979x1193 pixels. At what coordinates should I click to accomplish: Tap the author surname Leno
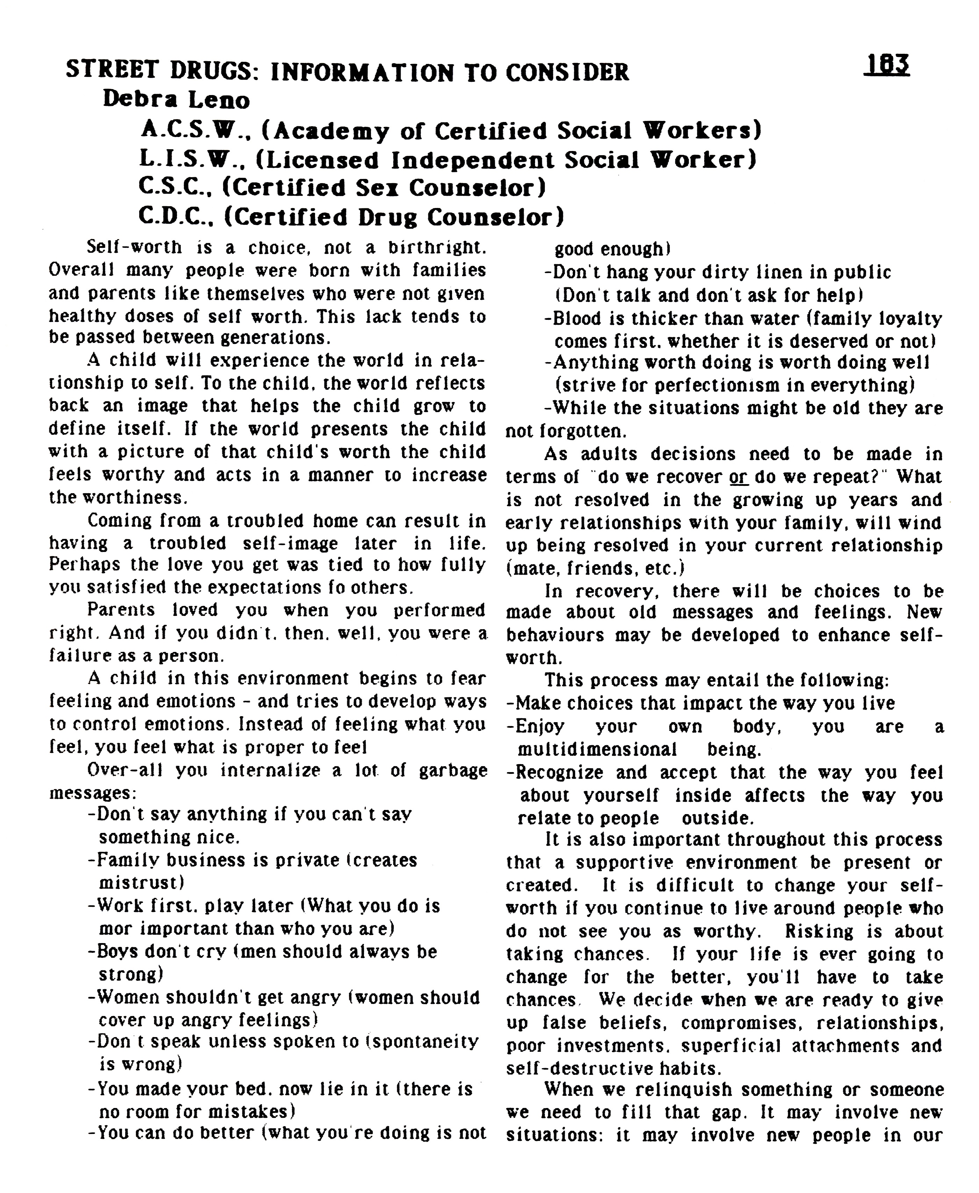tap(219, 100)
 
